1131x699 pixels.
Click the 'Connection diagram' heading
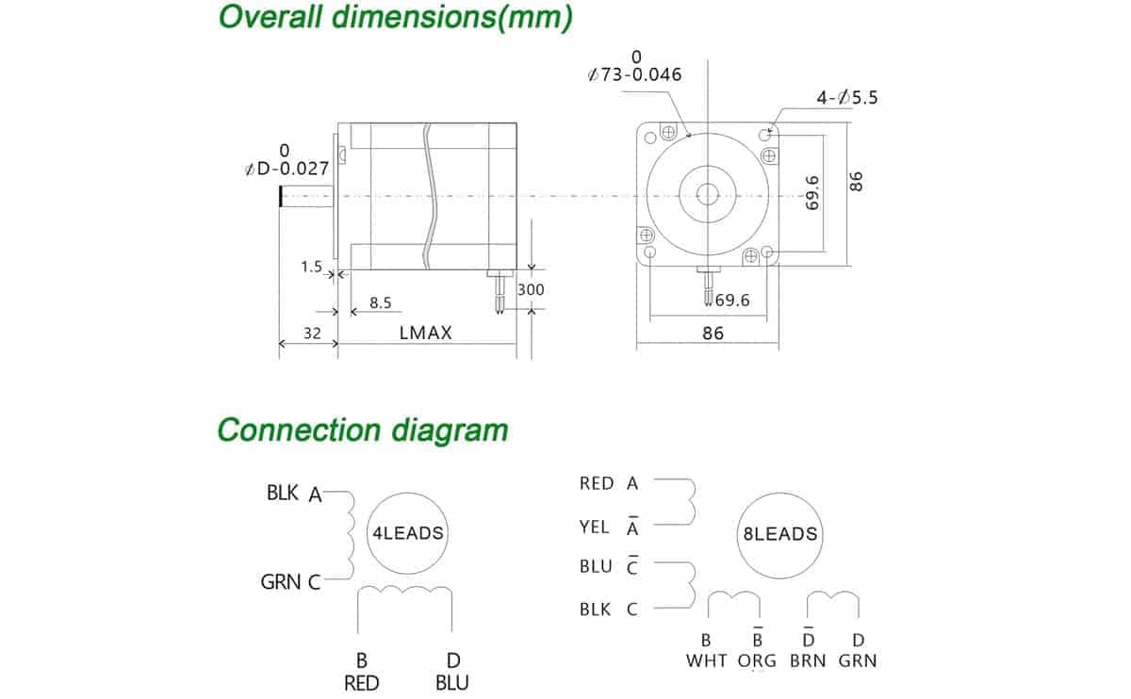(363, 430)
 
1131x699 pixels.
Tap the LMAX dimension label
(425, 333)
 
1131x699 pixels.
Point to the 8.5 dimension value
(380, 303)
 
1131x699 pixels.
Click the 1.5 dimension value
(312, 267)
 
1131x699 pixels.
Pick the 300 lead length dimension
(531, 290)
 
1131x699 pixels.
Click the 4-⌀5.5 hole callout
(845, 97)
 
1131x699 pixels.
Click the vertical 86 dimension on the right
(857, 181)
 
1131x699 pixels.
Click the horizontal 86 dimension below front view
(713, 333)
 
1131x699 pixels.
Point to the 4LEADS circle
(407, 533)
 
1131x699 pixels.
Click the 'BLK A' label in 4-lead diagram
(294, 493)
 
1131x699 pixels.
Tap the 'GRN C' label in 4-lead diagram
(290, 582)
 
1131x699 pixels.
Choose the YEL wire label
(594, 528)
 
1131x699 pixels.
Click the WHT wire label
(707, 660)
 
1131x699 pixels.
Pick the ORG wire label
(757, 660)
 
